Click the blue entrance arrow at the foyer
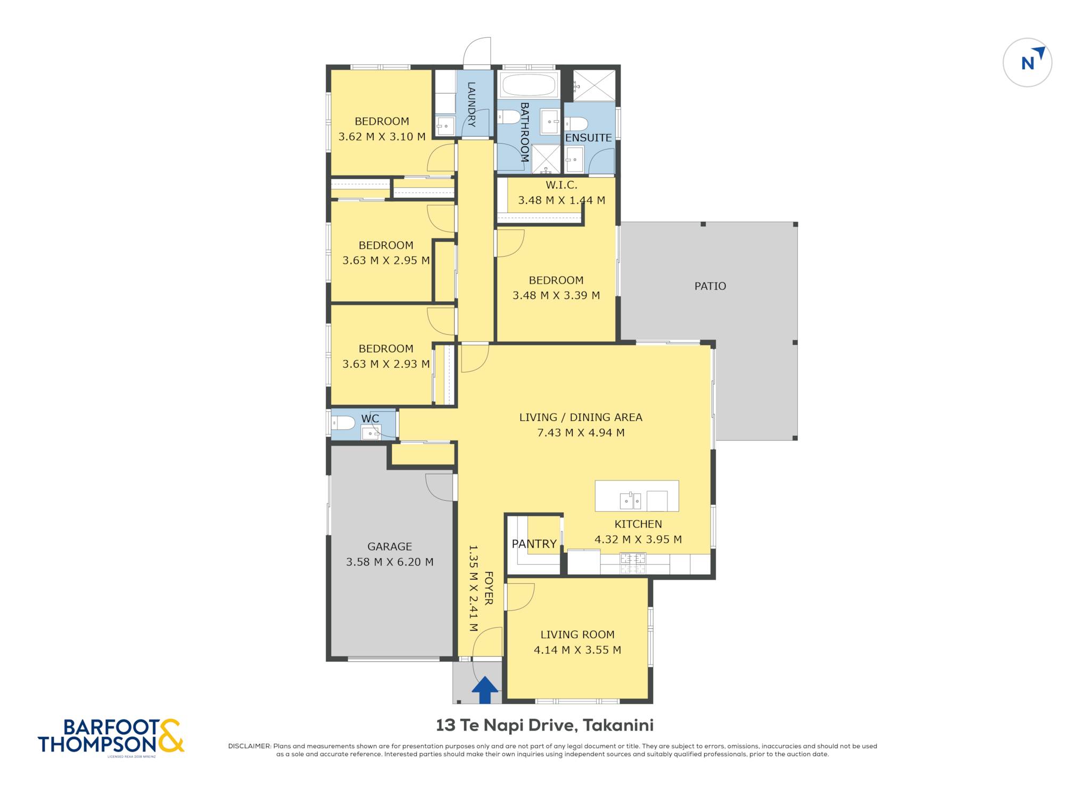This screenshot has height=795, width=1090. pyautogui.click(x=485, y=690)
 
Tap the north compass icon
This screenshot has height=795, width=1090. pyautogui.click(x=1027, y=62)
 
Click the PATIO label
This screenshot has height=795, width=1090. pyautogui.click(x=710, y=286)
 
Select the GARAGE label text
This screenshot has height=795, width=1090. pyautogui.click(x=390, y=546)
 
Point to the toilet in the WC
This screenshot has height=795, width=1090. pyautogui.click(x=343, y=424)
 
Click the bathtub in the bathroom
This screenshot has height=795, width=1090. pyautogui.click(x=529, y=85)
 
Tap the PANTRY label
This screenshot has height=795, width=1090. pyautogui.click(x=534, y=544)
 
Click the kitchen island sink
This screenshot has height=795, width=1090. pyautogui.click(x=630, y=501)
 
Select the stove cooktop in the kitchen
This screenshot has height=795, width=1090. pyautogui.click(x=633, y=564)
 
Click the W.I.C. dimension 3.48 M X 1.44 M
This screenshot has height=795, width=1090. pyautogui.click(x=561, y=201)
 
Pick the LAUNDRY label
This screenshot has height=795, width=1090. pyautogui.click(x=471, y=104)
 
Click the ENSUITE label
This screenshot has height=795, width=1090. pyautogui.click(x=588, y=138)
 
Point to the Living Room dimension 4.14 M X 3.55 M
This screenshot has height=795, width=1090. pyautogui.click(x=577, y=650)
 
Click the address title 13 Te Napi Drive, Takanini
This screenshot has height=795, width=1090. pyautogui.click(x=544, y=725)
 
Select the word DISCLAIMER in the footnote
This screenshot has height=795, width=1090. pyautogui.click(x=249, y=746)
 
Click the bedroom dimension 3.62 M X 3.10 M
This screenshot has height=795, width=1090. pyautogui.click(x=382, y=137)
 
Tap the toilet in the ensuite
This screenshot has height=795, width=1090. pyautogui.click(x=576, y=124)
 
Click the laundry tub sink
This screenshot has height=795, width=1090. pyautogui.click(x=445, y=126)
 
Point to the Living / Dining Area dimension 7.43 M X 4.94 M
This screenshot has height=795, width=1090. pyautogui.click(x=581, y=433)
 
